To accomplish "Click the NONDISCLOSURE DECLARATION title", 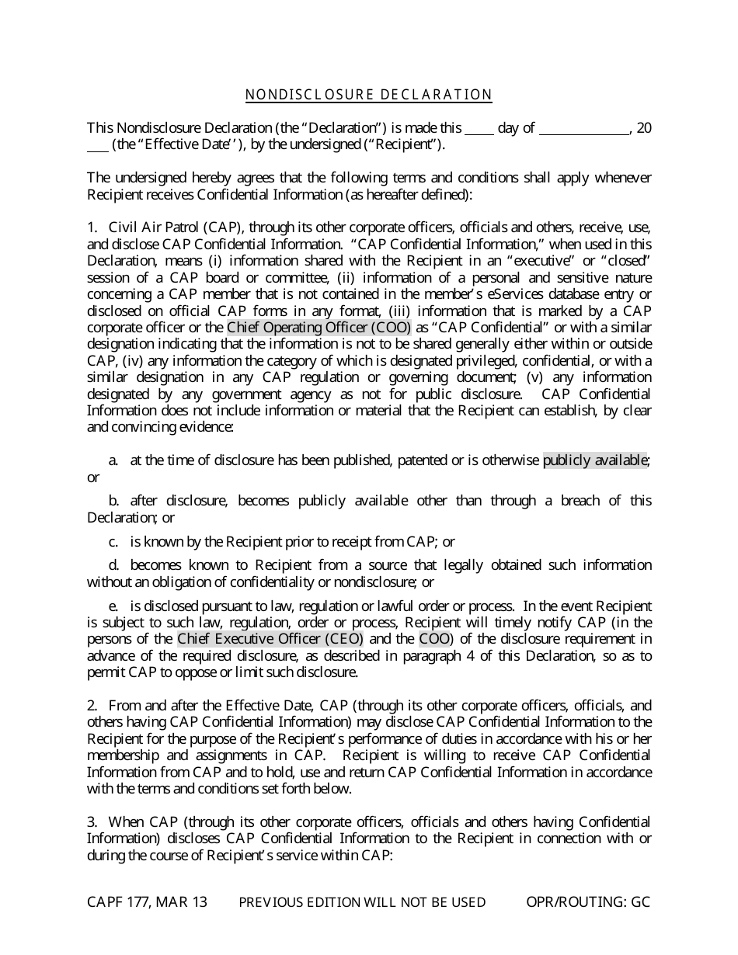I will click(369, 95).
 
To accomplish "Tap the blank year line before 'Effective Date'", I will click(97, 146).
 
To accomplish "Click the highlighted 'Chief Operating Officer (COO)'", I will click(319, 327).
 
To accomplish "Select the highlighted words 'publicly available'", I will click(595, 460).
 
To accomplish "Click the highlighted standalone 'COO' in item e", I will click(433, 639).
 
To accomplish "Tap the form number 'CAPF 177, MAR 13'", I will click(147, 901).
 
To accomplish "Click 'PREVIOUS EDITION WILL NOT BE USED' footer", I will click(362, 902).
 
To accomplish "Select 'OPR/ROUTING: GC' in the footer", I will click(588, 901).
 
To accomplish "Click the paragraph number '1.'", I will click(92, 227).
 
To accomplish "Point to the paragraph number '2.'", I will click(92, 706).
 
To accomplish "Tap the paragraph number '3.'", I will click(92, 821).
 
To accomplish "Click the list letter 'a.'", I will click(113, 460).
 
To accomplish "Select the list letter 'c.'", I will click(113, 541).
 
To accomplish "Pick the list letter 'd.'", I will click(113, 564).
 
